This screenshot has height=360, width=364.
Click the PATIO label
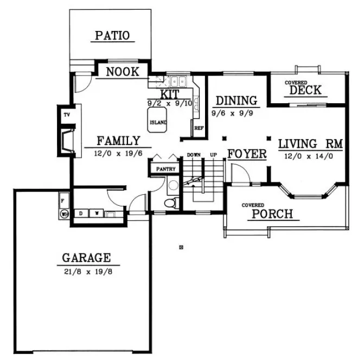click(112, 36)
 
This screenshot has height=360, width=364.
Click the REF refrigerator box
click(199, 129)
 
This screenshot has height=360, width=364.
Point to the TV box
click(67, 115)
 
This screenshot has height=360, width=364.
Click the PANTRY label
click(166, 169)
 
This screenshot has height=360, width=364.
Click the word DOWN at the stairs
click(194, 155)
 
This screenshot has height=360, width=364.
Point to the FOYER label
click(247, 154)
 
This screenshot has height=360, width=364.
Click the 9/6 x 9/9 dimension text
click(235, 113)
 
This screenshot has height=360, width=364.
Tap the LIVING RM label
click(310, 144)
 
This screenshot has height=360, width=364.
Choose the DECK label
click(305, 90)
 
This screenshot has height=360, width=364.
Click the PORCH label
click(272, 214)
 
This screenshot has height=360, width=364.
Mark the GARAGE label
click(86, 257)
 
